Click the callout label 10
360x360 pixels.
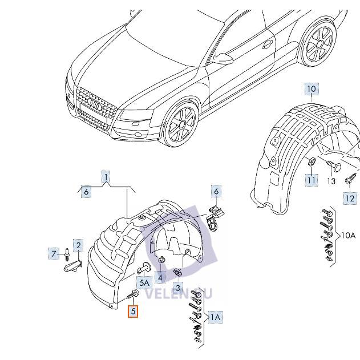[x=311, y=90]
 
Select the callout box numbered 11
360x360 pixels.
[x=311, y=180]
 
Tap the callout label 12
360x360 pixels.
[x=349, y=198]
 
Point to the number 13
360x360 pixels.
[x=331, y=181]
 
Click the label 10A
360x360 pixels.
[x=349, y=236]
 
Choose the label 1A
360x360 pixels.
[x=215, y=317]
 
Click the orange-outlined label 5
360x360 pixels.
[x=133, y=312]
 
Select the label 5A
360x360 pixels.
[x=144, y=282]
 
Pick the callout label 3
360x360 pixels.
[x=177, y=288]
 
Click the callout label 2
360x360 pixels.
[x=79, y=245]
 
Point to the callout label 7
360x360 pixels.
[x=55, y=253]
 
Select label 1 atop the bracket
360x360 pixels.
[x=106, y=177]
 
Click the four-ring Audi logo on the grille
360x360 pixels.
[x=95, y=106]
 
